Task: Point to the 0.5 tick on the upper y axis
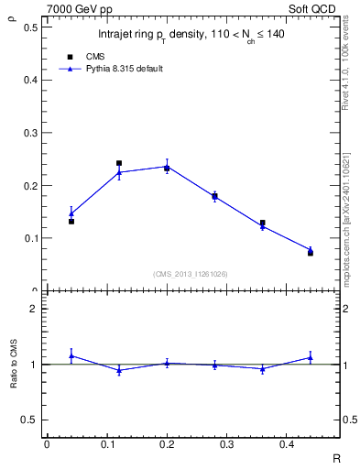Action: [x=31, y=27]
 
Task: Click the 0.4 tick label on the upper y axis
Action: [x=31, y=80]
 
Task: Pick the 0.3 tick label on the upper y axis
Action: [x=31, y=133]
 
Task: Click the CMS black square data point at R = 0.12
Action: [x=119, y=163]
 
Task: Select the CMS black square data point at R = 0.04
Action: [x=71, y=222]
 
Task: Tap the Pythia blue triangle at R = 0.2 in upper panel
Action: [x=167, y=166]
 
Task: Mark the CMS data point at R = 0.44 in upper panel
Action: [x=311, y=253]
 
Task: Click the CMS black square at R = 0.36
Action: [x=263, y=223]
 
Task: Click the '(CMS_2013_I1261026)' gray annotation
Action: [x=191, y=274]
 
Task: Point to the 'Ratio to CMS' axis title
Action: [x=13, y=364]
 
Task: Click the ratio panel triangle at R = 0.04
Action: [x=71, y=355]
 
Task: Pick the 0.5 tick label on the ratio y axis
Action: [x=31, y=420]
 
